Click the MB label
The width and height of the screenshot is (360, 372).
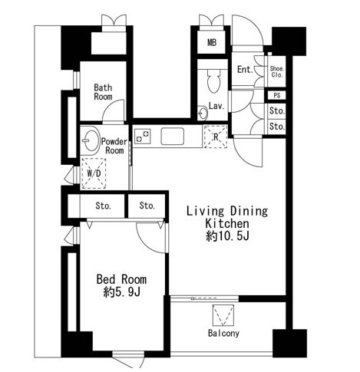(x=212, y=42)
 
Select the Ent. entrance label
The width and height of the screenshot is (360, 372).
(x=245, y=69)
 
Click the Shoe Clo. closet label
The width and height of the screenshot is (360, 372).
(x=276, y=71)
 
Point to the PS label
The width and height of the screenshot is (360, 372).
(x=277, y=95)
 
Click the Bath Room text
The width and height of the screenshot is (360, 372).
(x=103, y=92)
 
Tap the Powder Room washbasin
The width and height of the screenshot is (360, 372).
(x=91, y=140)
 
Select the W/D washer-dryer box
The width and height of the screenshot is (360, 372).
(x=94, y=173)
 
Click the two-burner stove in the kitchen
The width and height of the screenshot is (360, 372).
(x=142, y=136)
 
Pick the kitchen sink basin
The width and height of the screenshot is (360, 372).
(x=173, y=136)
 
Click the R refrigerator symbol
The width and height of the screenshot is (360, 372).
(x=216, y=137)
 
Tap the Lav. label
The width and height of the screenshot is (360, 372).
(x=216, y=106)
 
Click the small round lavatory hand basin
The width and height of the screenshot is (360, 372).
(x=203, y=113)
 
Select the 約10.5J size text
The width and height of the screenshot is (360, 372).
(x=227, y=236)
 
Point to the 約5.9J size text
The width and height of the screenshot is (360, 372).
(x=122, y=292)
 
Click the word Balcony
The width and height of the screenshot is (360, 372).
(x=223, y=333)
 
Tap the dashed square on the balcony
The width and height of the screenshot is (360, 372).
(x=223, y=315)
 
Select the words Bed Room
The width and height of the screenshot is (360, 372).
(x=121, y=279)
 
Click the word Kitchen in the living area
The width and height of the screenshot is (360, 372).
(x=227, y=224)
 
